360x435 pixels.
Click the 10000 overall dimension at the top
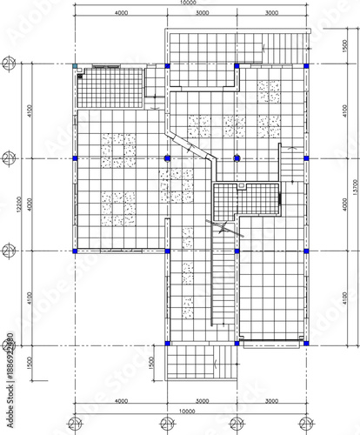pyautogui.click(x=188, y=3)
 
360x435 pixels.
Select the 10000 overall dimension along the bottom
pyautogui.click(x=188, y=412)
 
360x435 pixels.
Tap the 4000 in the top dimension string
pyautogui.click(x=121, y=14)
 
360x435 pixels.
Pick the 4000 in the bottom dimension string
pyautogui.click(x=121, y=401)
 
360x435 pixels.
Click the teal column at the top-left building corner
pyautogui.click(x=76, y=65)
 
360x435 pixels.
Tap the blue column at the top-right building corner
pyautogui.click(x=304, y=65)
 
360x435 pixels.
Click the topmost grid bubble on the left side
pyautogui.click(x=8, y=65)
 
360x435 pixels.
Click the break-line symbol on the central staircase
pyautogui.click(x=225, y=229)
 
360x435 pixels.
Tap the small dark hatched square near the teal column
pyautogui.click(x=80, y=76)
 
